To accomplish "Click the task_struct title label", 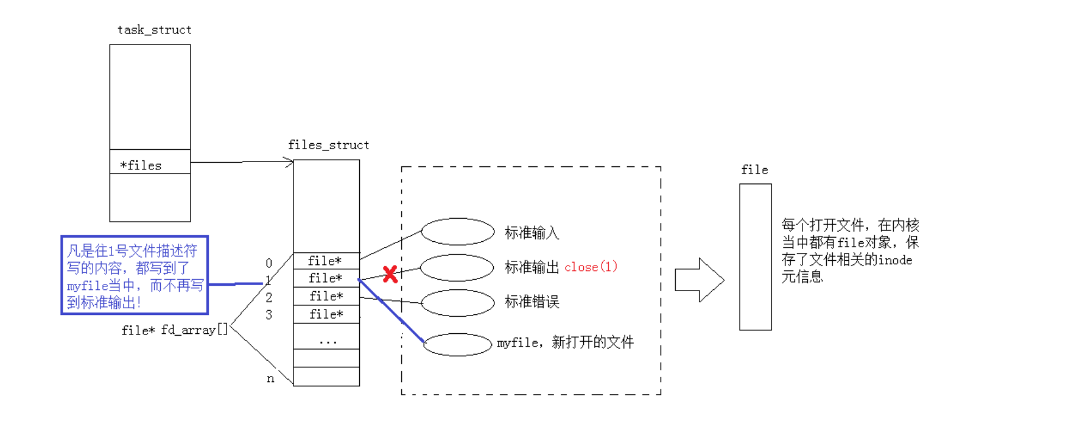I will point(154,30).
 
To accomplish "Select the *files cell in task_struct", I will point(150,165).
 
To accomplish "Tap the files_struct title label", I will point(328,145).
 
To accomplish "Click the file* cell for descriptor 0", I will point(326,261).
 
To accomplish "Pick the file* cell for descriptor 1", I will point(326,278).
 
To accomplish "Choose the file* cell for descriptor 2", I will point(326,296).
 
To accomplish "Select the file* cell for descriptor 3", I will point(326,314).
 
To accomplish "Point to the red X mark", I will point(390,274).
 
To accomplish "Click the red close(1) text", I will point(591,267).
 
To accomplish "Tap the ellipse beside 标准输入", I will point(457,232).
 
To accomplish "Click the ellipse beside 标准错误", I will point(457,303).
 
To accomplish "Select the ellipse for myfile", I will point(457,344).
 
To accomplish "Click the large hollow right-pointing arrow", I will point(699,280).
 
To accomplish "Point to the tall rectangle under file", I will point(755,256).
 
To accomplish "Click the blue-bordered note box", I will point(135,275).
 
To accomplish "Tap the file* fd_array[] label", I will point(174,330).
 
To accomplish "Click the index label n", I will point(270,379).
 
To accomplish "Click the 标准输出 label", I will point(532,267).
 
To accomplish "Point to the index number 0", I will point(268,263).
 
